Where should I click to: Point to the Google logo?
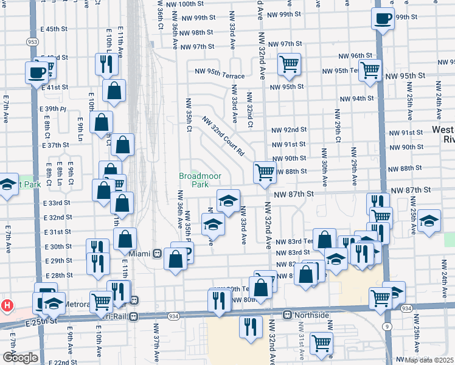click(x=20, y=358)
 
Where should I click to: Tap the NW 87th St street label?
click(x=293, y=194)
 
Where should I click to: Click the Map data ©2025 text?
click(x=429, y=360)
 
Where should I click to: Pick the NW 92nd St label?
click(x=289, y=130)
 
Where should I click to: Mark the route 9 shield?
click(x=386, y=327)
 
